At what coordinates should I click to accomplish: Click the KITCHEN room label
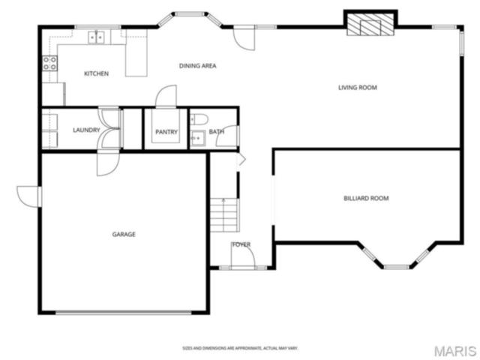pyautogui.click(x=97, y=73)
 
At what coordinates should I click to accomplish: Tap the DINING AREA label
pyautogui.click(x=198, y=66)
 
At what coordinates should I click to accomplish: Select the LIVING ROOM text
pyautogui.click(x=358, y=88)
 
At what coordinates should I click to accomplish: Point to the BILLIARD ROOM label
pyautogui.click(x=366, y=198)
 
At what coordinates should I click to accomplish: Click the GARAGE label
pyautogui.click(x=124, y=235)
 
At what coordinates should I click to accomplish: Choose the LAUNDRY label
pyautogui.click(x=86, y=130)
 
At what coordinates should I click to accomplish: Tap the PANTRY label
pyautogui.click(x=166, y=132)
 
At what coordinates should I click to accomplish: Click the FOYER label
pyautogui.click(x=241, y=244)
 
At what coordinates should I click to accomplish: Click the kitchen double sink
pyautogui.click(x=97, y=37)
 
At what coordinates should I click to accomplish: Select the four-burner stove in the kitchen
pyautogui.click(x=49, y=63)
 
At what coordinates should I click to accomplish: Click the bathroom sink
pyautogui.click(x=198, y=139)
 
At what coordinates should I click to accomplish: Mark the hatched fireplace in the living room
pyautogui.click(x=370, y=25)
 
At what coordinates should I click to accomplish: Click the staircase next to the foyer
pyautogui.click(x=224, y=215)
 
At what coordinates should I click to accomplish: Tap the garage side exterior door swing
pyautogui.click(x=28, y=196)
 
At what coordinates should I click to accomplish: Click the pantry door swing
pyautogui.click(x=166, y=96)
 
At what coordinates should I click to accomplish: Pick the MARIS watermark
pyautogui.click(x=455, y=351)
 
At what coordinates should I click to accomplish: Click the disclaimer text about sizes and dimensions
pyautogui.click(x=240, y=348)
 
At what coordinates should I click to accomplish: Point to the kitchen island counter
pyautogui.click(x=136, y=52)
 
